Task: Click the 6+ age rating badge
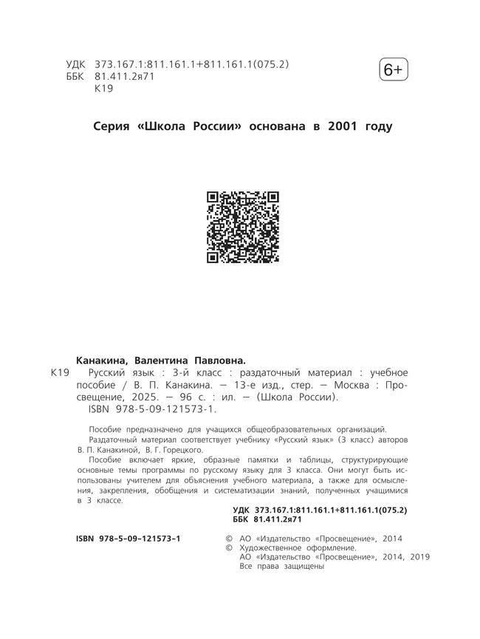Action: [393, 70]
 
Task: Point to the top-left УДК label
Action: [78, 64]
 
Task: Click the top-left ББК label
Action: [77, 77]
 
